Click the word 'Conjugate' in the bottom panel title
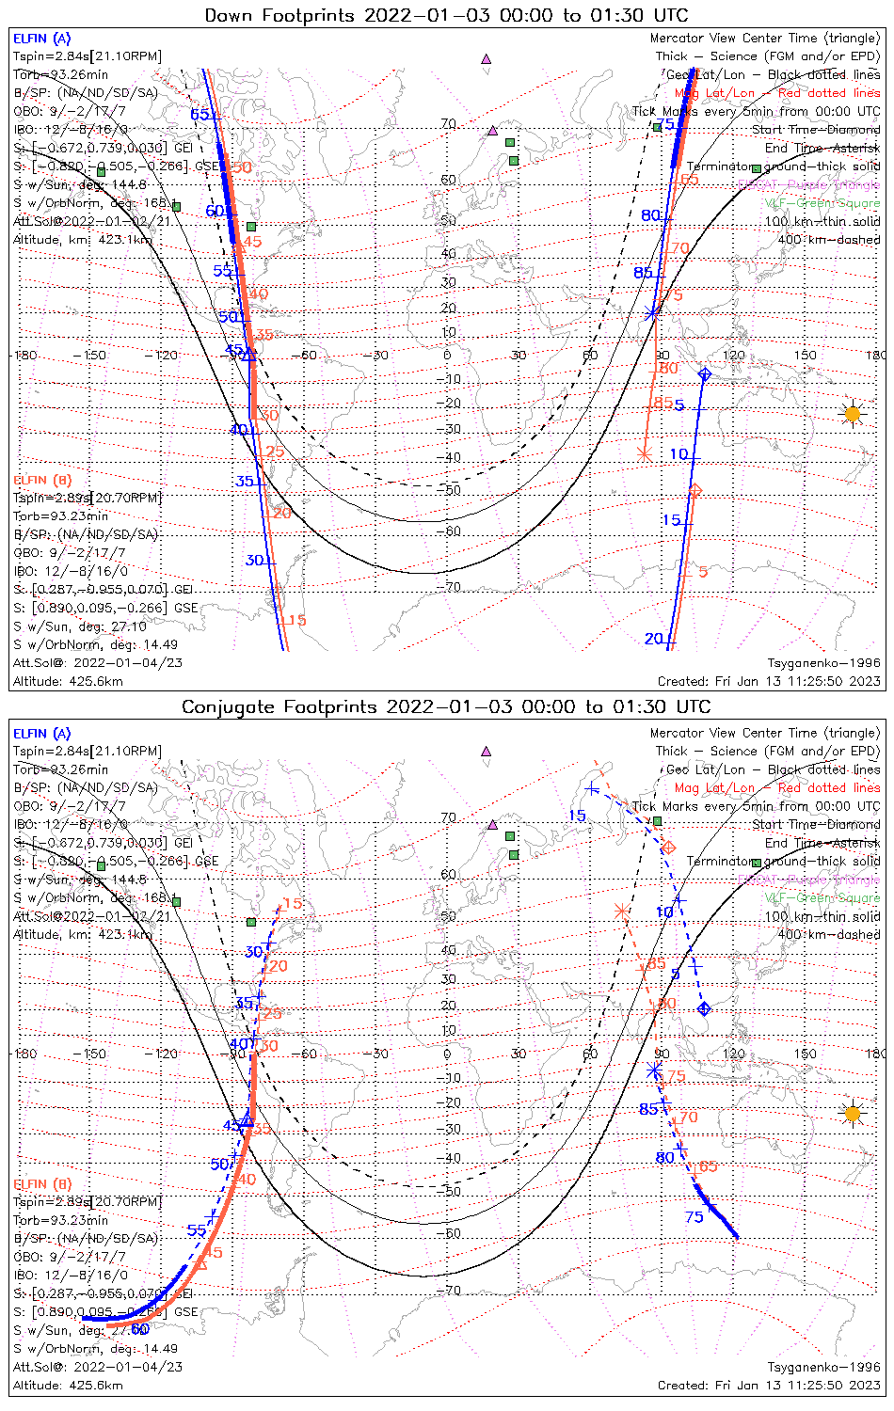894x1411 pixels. (223, 707)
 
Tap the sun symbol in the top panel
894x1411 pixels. (852, 414)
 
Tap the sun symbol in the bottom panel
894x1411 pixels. (852, 1114)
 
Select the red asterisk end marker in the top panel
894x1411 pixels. (645, 454)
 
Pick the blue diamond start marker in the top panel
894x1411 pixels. (705, 375)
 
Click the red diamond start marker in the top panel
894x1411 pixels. (695, 491)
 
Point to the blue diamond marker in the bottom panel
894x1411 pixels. (704, 1009)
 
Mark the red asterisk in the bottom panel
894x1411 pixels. (621, 911)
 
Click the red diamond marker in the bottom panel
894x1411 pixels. (669, 848)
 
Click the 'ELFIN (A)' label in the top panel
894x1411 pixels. (41, 39)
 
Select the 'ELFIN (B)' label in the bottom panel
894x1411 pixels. (41, 1183)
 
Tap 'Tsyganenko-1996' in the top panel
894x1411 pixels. (823, 663)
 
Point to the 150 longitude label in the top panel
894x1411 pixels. (805, 356)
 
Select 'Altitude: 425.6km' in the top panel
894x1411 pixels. (68, 681)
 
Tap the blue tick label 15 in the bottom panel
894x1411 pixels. (577, 816)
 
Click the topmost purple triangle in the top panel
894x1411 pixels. (487, 58)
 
